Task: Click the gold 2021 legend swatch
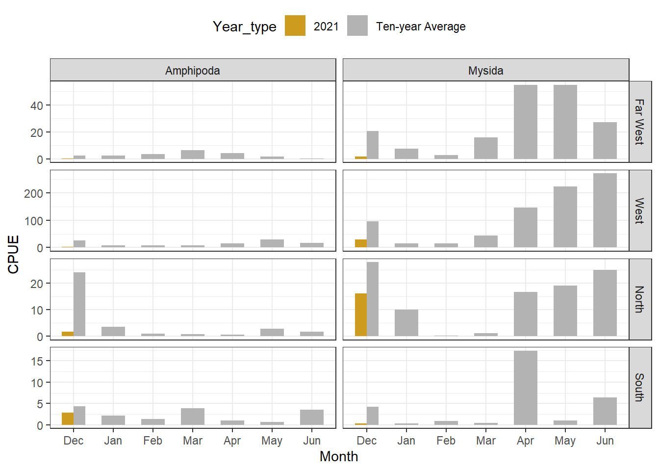click(295, 26)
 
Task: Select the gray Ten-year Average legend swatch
click(357, 26)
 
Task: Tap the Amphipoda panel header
click(193, 70)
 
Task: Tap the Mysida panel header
click(485, 70)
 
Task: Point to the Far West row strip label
click(639, 122)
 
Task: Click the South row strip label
click(639, 388)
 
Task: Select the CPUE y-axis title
click(13, 254)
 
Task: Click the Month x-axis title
click(338, 456)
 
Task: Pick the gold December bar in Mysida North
click(361, 314)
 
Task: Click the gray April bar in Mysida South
click(525, 388)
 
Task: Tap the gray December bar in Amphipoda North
click(79, 304)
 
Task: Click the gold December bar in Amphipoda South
click(68, 419)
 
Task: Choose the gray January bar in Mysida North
click(406, 322)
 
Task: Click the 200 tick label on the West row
click(33, 194)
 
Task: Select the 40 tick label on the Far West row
click(36, 105)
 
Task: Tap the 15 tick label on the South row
click(37, 362)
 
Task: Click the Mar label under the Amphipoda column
click(192, 441)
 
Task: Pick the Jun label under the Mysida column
click(605, 441)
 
